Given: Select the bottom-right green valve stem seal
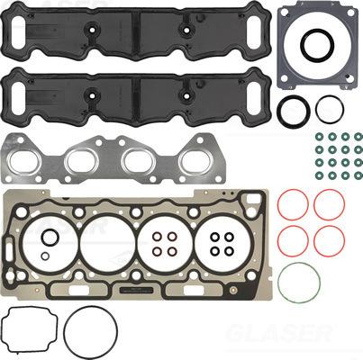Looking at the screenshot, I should [358, 175].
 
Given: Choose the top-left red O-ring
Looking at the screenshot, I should [292, 204].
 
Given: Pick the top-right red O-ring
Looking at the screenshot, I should [329, 204].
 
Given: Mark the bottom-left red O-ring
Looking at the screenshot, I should [292, 239].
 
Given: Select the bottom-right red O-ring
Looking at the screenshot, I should [329, 239].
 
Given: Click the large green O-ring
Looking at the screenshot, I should [299, 283].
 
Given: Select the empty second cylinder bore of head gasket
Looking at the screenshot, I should [107, 240].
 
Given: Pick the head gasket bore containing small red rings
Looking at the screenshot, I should [165, 240].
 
